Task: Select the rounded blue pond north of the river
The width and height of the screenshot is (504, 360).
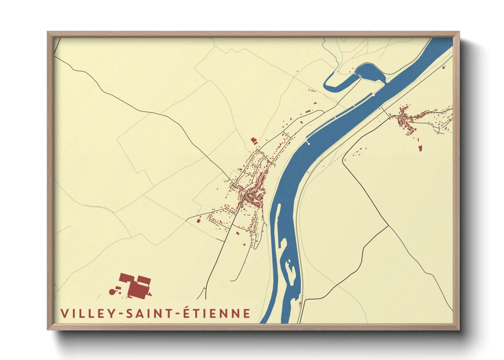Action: pyautogui.click(x=369, y=71)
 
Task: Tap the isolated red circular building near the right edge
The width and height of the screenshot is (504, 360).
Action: pyautogui.click(x=443, y=68)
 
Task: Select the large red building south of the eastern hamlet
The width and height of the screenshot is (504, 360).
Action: pyautogui.click(x=420, y=148)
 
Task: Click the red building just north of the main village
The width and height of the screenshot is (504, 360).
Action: pyautogui.click(x=253, y=140)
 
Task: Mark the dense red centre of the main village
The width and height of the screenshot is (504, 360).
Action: pyautogui.click(x=252, y=197)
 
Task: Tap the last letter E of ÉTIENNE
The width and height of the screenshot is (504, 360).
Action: pyautogui.click(x=247, y=313)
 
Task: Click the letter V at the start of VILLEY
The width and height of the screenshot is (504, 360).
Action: pyautogui.click(x=64, y=314)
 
